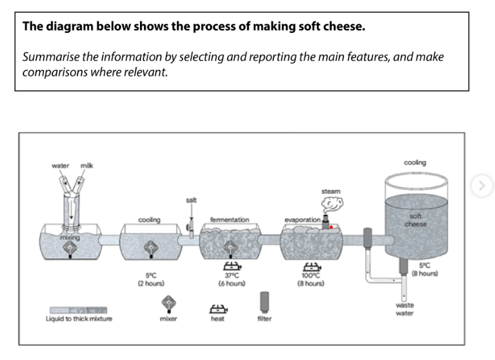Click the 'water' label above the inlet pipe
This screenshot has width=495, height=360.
(60, 166)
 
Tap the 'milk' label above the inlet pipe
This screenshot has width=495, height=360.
(87, 166)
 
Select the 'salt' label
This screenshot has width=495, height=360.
(191, 200)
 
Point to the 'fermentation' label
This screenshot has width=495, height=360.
(230, 220)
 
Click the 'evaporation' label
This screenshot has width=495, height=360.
(302, 220)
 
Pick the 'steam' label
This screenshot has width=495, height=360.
(331, 191)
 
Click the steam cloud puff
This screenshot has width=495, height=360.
(333, 205)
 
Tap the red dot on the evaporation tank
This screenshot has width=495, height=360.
(331, 227)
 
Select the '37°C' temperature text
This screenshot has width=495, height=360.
(232, 275)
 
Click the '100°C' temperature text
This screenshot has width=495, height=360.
(311, 275)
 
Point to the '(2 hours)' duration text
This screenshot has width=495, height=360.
(151, 284)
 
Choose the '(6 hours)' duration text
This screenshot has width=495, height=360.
(232, 284)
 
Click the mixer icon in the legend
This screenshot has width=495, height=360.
(169, 304)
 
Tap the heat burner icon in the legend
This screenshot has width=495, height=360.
(219, 309)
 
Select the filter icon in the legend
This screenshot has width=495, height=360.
(264, 303)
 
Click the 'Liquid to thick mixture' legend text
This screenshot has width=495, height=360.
(79, 318)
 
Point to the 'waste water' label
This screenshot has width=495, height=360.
(405, 309)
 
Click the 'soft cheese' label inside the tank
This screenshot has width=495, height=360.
(416, 221)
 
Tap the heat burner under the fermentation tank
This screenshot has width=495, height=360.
(232, 266)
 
